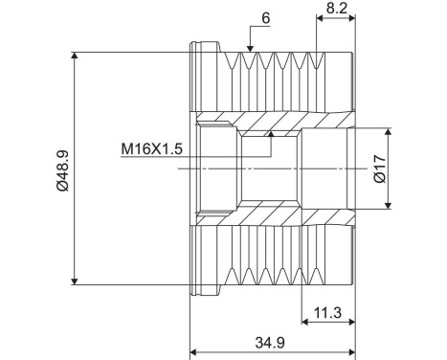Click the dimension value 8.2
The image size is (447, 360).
pyautogui.click(x=336, y=8)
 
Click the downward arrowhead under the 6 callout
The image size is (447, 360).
pyautogui.click(x=250, y=47)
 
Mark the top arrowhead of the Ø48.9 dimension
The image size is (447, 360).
pyautogui.click(x=75, y=56)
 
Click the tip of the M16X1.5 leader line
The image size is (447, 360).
pyautogui.click(x=272, y=135)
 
